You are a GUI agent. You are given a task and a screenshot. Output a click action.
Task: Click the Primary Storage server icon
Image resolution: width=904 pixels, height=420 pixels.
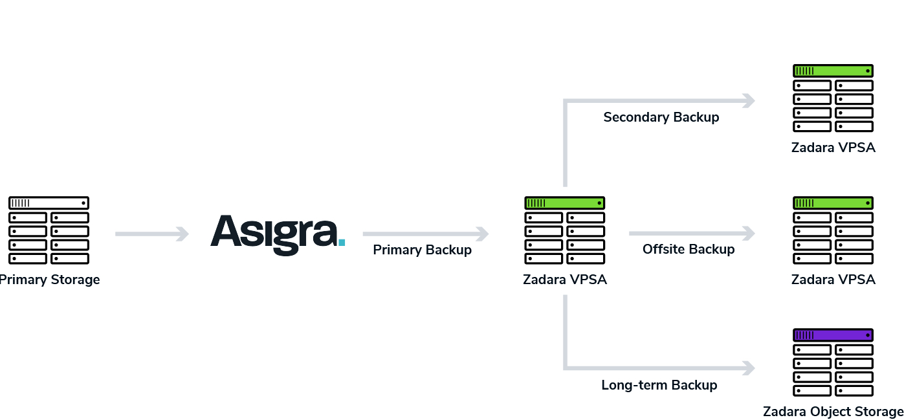(x=49, y=230)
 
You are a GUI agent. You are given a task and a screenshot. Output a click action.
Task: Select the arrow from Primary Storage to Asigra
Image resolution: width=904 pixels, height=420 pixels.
(x=151, y=233)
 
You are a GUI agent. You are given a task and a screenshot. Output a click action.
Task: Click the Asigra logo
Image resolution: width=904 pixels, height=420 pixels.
(x=275, y=234)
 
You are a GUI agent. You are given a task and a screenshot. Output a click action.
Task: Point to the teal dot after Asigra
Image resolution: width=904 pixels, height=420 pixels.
(x=342, y=242)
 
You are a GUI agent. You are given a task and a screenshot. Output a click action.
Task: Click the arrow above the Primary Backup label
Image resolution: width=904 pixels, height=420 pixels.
(x=425, y=233)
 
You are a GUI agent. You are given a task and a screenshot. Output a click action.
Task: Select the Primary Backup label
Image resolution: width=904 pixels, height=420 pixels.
(x=422, y=250)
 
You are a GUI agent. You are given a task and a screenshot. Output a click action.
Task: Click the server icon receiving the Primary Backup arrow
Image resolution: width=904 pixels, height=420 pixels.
(x=564, y=230)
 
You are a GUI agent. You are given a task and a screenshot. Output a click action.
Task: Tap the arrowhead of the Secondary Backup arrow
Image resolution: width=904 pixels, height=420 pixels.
(x=749, y=100)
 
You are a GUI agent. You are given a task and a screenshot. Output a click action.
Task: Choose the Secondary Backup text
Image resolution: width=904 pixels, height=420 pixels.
(x=661, y=117)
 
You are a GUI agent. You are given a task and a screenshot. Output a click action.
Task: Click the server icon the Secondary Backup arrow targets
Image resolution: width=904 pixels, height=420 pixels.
(x=833, y=98)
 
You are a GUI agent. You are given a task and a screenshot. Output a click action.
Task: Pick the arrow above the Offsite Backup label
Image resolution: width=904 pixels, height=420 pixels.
(x=692, y=233)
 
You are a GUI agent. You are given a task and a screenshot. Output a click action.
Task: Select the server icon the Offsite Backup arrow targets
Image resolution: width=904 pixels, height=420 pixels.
(x=833, y=230)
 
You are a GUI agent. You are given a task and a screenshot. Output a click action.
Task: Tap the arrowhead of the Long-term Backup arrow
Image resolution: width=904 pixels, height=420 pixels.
(x=749, y=368)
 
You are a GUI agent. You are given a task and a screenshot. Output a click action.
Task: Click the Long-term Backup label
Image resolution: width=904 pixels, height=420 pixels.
(x=659, y=385)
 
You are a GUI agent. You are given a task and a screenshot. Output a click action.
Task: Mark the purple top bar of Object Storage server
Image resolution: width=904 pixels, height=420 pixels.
(x=833, y=335)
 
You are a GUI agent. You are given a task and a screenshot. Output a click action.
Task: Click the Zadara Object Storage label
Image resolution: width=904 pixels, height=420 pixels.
(x=833, y=412)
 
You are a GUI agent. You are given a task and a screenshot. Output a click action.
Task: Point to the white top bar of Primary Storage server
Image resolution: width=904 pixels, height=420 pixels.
(x=49, y=203)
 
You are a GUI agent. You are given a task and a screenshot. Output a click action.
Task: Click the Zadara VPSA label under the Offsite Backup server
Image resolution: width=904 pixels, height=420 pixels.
(x=833, y=280)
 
